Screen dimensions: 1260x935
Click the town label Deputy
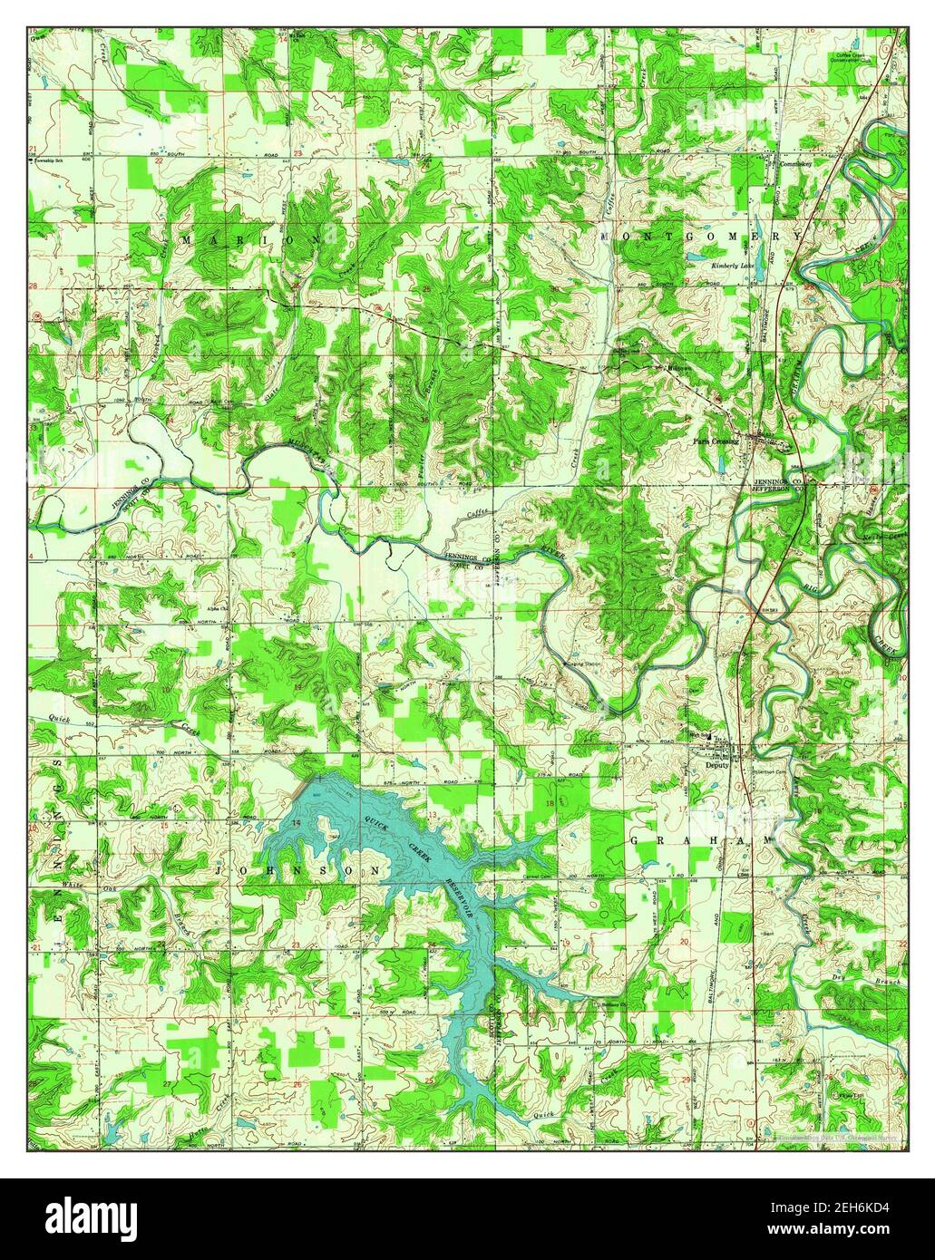coord(716,764)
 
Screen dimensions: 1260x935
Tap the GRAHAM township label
coord(702,840)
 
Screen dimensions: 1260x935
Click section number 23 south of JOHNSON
coord(297,945)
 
